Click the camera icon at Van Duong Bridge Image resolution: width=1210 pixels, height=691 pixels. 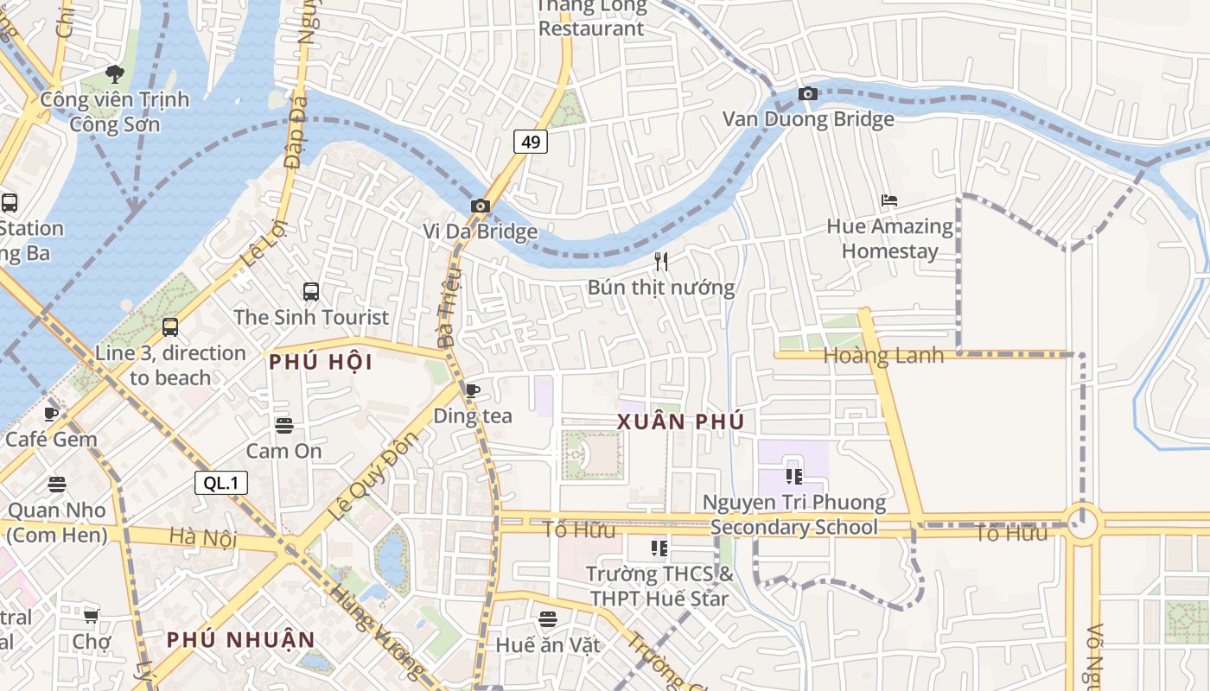808,93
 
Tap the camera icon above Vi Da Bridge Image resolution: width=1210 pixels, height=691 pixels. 481,206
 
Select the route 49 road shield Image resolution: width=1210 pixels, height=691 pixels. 531,141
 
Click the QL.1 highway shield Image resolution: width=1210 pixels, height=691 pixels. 221,483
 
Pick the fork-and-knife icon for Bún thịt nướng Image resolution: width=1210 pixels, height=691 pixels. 661,262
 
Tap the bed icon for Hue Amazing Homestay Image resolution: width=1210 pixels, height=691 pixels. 889,200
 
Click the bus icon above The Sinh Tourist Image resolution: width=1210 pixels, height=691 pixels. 311,292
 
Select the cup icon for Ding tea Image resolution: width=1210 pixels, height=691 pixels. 472,390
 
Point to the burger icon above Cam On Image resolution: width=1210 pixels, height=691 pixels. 284,425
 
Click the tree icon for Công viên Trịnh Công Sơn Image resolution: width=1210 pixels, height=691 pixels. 114,74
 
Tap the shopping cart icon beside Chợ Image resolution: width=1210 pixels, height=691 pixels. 91,616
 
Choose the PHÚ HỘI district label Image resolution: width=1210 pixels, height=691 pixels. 321,362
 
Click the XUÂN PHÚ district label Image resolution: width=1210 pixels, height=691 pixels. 680,422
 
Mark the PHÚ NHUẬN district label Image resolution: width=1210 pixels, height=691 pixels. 241,640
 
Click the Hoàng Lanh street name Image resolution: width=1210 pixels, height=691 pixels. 883,356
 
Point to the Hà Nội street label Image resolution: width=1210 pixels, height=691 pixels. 203,538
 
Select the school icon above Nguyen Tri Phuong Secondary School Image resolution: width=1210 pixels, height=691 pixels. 793,476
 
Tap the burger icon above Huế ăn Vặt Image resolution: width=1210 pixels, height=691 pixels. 548,618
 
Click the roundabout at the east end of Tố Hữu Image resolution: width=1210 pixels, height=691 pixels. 1082,523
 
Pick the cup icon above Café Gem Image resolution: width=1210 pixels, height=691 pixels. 52,414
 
